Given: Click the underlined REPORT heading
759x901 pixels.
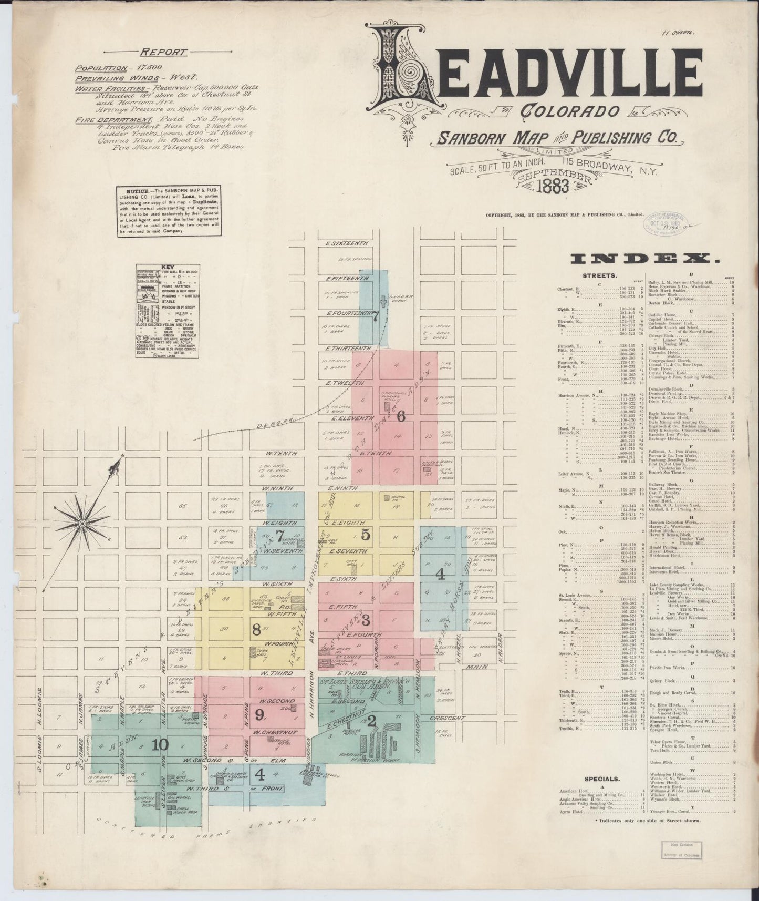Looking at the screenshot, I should coord(163,52).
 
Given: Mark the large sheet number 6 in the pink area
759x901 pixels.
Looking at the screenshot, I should coord(401,416).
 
